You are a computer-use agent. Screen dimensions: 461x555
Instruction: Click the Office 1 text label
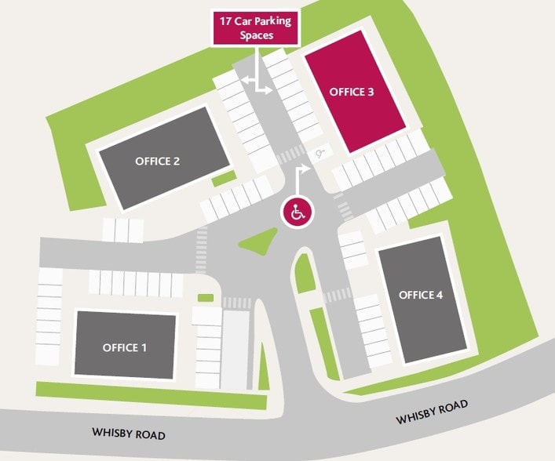(x=125, y=347)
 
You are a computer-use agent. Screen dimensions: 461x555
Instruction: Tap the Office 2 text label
(x=158, y=161)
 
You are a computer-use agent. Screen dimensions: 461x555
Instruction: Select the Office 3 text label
(x=351, y=92)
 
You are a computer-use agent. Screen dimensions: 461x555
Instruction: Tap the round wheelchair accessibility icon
(x=298, y=212)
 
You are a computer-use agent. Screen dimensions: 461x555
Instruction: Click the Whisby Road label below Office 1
(x=129, y=433)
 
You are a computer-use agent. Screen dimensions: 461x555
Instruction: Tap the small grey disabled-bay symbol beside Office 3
(x=320, y=154)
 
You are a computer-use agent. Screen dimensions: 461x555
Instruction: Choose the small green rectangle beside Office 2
(x=224, y=178)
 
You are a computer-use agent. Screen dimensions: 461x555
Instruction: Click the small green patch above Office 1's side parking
(x=206, y=298)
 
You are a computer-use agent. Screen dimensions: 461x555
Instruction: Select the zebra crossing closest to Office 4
(x=337, y=296)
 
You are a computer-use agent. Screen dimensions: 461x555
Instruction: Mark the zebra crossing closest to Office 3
(x=291, y=154)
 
